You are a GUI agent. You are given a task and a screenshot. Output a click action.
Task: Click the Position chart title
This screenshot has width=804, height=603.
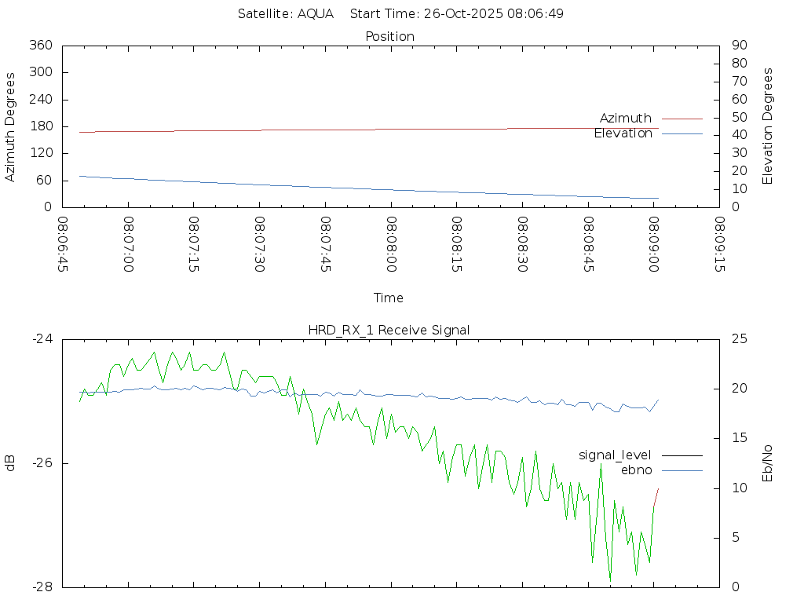(x=390, y=36)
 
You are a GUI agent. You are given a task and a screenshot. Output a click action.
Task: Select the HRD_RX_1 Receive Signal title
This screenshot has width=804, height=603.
(x=389, y=330)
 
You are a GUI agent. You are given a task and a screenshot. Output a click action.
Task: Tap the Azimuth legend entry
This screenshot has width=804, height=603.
(x=626, y=118)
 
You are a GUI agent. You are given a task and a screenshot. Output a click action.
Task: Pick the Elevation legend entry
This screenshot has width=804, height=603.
(x=623, y=133)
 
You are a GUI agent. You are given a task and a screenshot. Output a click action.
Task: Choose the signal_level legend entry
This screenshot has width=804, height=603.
(x=615, y=455)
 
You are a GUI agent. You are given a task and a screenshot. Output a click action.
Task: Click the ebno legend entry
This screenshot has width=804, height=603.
(x=636, y=470)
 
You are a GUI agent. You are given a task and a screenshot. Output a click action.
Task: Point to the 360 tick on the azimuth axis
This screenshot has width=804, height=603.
(x=41, y=45)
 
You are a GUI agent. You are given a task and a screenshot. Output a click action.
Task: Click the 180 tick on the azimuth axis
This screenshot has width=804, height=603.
(x=41, y=126)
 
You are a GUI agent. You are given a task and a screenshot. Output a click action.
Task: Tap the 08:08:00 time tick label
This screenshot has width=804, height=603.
(x=391, y=244)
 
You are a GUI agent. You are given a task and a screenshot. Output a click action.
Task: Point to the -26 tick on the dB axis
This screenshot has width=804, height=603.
(x=41, y=463)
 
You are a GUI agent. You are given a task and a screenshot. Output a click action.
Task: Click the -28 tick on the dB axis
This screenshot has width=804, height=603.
(x=41, y=587)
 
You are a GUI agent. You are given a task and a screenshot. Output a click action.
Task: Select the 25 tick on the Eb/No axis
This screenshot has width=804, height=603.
(x=738, y=339)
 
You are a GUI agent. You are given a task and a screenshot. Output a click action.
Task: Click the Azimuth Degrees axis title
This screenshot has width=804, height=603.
(x=10, y=126)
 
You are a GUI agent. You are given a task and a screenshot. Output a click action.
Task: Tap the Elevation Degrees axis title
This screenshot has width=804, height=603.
(x=768, y=126)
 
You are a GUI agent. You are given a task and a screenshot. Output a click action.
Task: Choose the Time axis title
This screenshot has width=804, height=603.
(x=389, y=298)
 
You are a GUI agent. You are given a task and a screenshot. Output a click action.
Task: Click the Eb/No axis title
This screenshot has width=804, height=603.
(x=768, y=463)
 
